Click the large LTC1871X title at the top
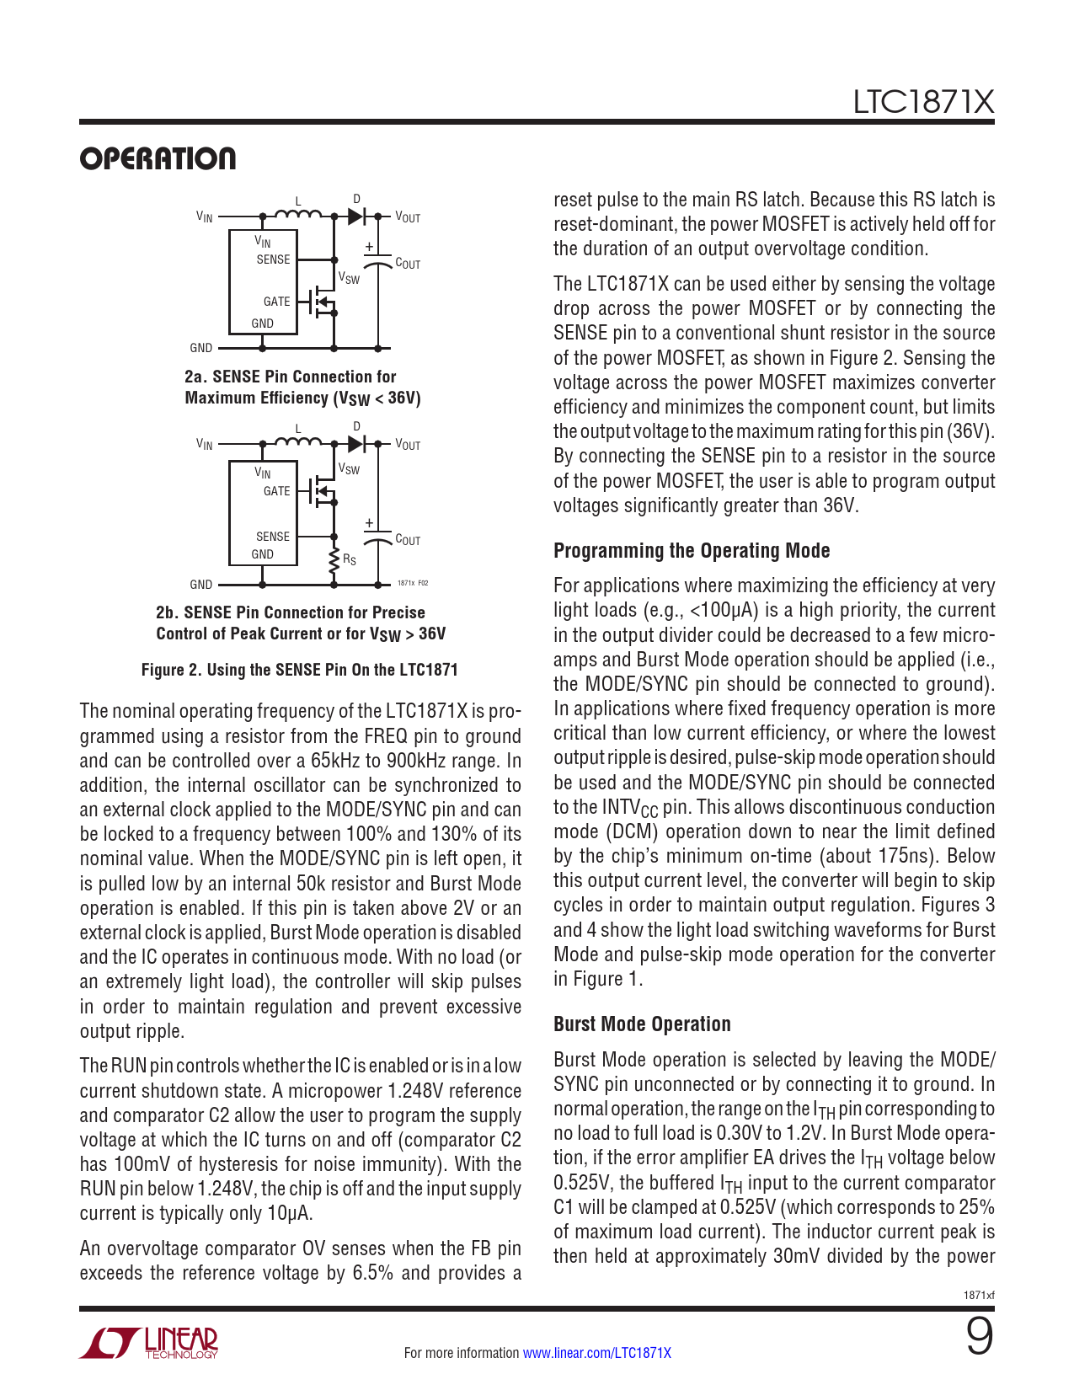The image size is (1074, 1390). click(923, 103)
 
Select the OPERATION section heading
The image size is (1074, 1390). click(158, 159)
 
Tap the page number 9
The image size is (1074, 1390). click(979, 1336)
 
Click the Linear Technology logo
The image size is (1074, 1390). click(149, 1344)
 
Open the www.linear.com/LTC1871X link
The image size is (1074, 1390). click(596, 1353)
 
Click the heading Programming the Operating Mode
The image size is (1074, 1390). click(691, 551)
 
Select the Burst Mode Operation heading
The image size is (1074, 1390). click(642, 1024)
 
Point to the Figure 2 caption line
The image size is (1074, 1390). click(299, 670)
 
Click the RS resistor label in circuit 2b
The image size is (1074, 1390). click(349, 559)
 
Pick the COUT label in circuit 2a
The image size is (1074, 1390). click(408, 264)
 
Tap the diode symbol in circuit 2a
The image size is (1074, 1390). click(356, 217)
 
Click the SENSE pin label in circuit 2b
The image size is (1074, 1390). click(272, 537)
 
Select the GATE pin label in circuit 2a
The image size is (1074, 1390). click(276, 302)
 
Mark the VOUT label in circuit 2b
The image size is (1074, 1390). click(408, 445)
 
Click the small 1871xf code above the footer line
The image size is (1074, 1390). click(979, 1295)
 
